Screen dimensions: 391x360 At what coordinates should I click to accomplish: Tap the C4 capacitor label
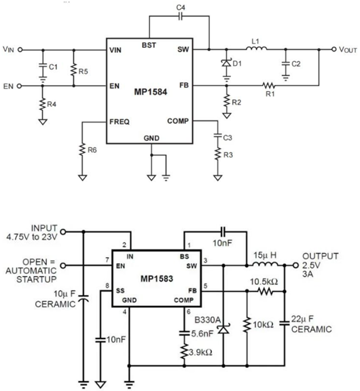click(x=179, y=8)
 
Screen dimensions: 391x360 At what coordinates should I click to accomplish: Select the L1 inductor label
click(x=255, y=41)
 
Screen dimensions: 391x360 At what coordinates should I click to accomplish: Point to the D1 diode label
click(x=238, y=66)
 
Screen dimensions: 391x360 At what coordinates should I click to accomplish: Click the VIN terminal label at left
click(x=9, y=49)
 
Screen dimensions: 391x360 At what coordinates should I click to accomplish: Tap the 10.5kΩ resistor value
click(x=266, y=282)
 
